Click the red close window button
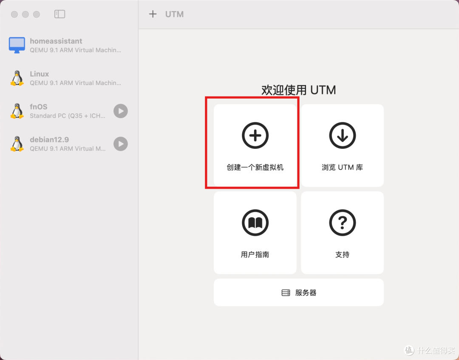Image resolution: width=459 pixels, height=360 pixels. pos(14,14)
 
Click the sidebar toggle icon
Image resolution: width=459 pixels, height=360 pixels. pos(59,14)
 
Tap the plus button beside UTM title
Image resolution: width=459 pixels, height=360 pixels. pos(153,14)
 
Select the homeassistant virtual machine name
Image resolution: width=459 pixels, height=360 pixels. pos(56,41)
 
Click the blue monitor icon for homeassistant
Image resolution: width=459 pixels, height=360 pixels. pos(17,45)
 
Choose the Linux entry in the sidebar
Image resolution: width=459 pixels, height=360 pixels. pos(39,74)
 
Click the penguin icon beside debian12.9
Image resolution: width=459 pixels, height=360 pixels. pos(17,144)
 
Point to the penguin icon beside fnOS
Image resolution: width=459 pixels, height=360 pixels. pos(17,111)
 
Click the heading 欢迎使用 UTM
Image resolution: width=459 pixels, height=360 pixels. pos(298,90)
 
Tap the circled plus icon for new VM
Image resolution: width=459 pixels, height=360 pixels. pos(255,135)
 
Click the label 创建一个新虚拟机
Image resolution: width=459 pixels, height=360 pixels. pos(255,167)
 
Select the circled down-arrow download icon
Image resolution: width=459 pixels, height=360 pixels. pos(342,135)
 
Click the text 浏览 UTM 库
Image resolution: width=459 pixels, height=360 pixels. pos(342,167)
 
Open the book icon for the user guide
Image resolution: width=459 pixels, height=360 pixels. pos(255,222)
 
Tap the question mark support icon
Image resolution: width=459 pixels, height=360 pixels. pos(342,222)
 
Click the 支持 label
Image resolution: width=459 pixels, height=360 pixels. pos(342,255)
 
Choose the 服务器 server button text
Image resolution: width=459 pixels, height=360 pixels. pos(306,293)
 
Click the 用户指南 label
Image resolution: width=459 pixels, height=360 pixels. pos(255,255)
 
